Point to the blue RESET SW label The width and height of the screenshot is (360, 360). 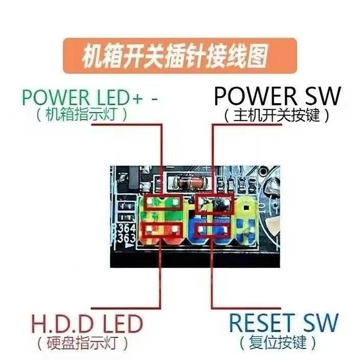pos(283,323)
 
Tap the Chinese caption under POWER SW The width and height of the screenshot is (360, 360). pos(276,115)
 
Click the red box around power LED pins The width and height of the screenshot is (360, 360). pos(163,204)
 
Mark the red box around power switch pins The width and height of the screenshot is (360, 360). pos(215,202)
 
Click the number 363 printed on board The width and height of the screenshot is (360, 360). pos(127,238)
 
